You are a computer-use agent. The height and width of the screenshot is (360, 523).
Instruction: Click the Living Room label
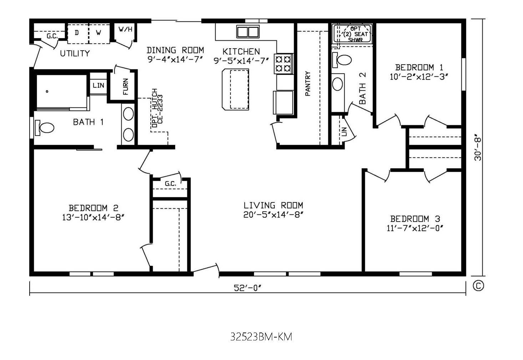273,206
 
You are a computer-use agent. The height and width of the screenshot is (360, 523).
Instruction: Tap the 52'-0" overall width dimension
247,288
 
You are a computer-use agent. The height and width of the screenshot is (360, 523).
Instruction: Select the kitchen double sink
248,31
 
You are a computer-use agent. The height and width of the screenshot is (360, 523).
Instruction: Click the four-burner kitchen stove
284,64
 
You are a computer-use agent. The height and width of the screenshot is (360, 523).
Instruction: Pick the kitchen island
235,90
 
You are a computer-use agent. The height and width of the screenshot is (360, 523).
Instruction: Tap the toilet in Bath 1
44,128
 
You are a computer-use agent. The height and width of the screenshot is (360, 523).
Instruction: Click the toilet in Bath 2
342,60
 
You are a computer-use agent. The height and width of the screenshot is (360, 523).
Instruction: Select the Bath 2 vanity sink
337,84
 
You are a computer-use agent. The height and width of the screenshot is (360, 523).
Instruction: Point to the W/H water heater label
125,29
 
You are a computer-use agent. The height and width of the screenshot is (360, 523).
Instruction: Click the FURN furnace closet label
125,87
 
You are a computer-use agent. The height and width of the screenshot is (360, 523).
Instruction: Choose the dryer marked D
77,33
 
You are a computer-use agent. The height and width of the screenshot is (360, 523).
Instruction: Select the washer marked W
98,33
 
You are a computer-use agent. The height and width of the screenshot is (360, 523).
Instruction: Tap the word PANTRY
308,83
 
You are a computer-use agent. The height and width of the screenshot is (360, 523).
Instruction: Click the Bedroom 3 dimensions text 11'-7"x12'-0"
415,228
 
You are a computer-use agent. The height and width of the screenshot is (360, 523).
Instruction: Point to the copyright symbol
478,286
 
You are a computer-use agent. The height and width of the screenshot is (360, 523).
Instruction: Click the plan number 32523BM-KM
261,337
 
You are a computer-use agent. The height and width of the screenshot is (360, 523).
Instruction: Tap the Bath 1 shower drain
47,91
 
